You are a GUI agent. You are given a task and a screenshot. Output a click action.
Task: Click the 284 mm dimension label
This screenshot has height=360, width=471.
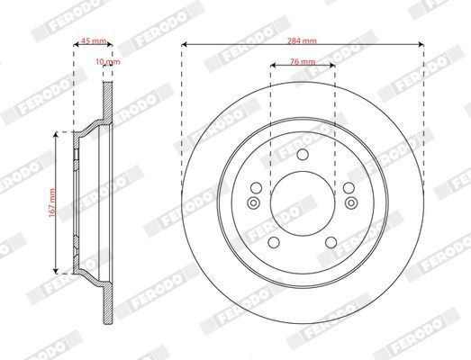pos(302,40)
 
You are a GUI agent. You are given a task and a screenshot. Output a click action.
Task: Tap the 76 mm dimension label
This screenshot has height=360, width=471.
pos(303,61)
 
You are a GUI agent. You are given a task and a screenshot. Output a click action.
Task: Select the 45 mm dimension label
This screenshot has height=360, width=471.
pos(94,40)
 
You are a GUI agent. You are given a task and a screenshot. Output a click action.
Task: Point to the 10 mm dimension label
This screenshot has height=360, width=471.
pos(108,61)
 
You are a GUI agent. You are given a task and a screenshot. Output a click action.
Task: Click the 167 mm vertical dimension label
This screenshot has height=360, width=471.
pos(52,203)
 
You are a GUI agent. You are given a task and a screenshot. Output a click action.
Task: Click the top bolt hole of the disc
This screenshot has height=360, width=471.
pos(303,155)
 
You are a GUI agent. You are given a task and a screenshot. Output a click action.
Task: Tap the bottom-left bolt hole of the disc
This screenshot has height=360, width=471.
pos(274,242)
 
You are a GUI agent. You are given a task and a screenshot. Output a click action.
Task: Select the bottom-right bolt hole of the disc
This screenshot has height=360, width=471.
pos(331,242)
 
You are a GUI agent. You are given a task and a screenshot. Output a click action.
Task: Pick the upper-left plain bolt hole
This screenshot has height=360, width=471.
pos(257,188)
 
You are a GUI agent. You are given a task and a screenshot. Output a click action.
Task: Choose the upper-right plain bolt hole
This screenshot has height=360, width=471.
pos(349,188)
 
